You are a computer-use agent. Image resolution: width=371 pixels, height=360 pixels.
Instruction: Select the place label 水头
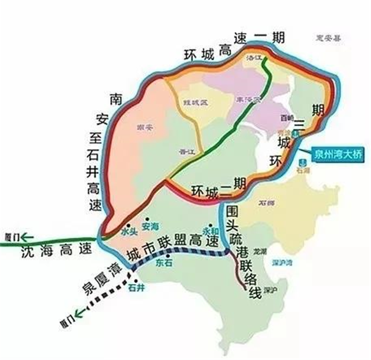click(x=128, y=231)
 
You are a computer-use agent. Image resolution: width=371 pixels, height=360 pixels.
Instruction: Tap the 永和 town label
click(x=208, y=229)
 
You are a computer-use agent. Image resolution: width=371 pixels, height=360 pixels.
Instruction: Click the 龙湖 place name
click(x=260, y=252)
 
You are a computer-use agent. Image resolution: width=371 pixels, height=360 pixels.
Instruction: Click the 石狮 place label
click(x=267, y=203)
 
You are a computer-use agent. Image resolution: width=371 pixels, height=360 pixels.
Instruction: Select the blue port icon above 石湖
click(x=302, y=162)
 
